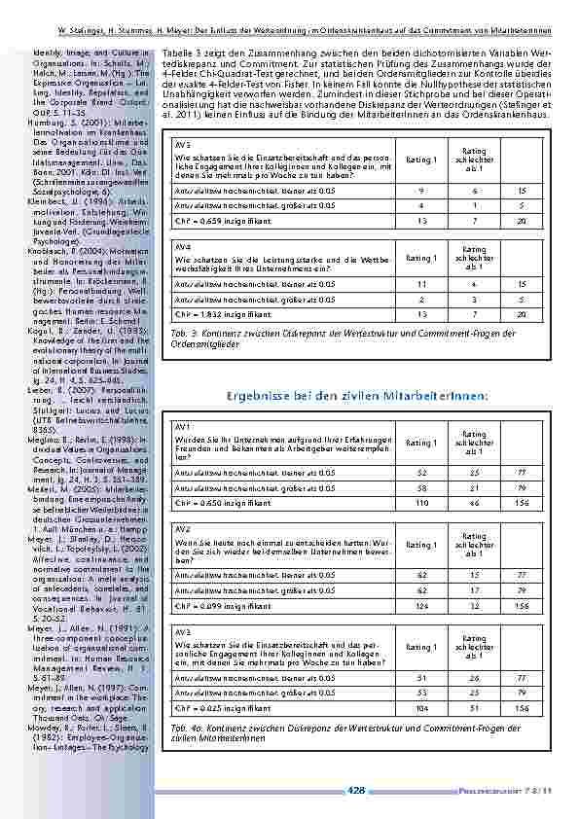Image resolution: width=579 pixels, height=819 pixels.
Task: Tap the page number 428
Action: point(356,790)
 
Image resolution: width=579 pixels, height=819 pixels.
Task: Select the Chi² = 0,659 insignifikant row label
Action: point(213,222)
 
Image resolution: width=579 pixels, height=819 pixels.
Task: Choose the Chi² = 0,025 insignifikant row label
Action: point(213,709)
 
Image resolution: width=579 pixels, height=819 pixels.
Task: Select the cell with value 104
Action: point(421,709)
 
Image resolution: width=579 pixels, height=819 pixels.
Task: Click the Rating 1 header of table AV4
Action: point(421,259)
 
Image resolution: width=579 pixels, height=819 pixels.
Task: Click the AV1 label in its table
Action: point(180,427)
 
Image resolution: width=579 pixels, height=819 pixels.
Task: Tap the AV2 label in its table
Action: point(180,529)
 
